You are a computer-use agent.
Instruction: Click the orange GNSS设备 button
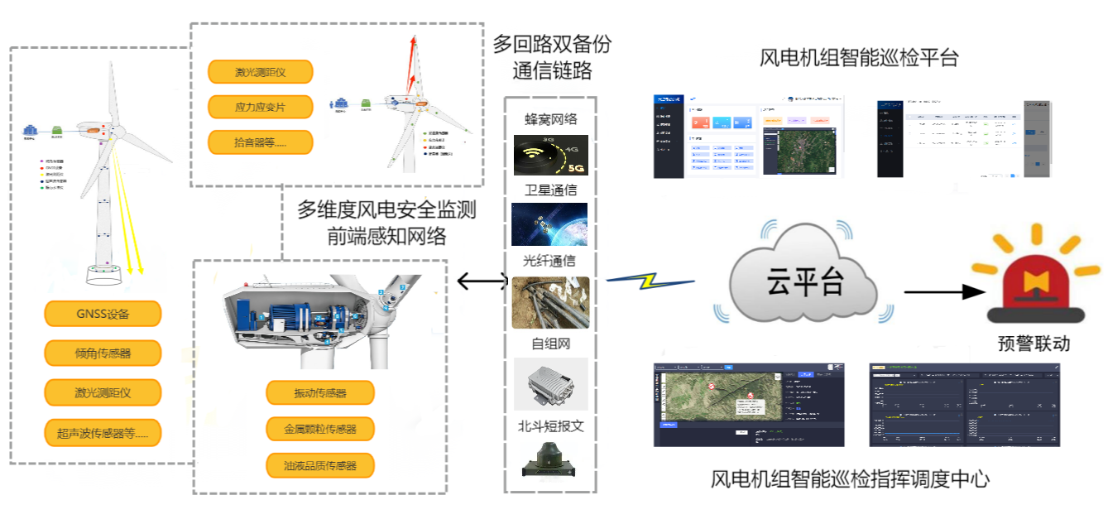[x=103, y=314]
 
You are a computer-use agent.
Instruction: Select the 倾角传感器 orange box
[x=103, y=353]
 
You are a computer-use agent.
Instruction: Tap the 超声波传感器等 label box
[x=103, y=432]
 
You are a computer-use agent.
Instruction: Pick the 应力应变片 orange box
[x=260, y=107]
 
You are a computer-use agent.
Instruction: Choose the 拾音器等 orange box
[x=260, y=142]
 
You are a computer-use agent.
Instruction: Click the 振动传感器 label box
[x=320, y=393]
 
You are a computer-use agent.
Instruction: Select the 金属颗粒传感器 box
[x=320, y=429]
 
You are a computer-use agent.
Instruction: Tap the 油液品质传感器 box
[x=320, y=465]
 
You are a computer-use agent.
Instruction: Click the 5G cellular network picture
[x=550, y=156]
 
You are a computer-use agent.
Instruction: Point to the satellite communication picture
[x=550, y=224]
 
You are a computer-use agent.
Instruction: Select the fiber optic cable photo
[x=550, y=302]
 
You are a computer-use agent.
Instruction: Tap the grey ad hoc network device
[x=550, y=383]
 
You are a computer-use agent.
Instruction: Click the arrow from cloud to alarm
[x=943, y=292]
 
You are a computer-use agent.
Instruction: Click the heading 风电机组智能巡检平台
[x=859, y=58]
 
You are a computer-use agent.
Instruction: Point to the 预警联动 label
[x=1034, y=342]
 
